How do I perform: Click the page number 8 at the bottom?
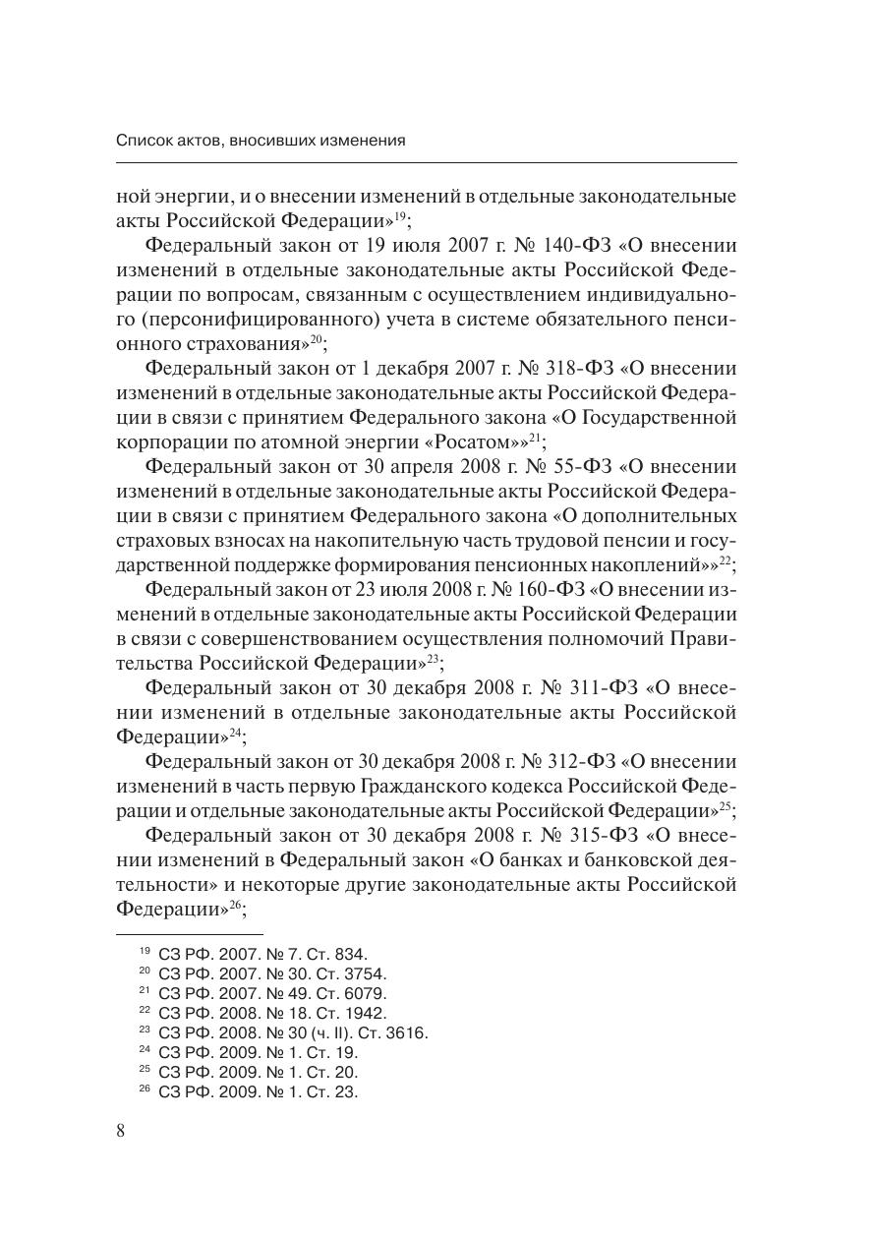(x=121, y=1130)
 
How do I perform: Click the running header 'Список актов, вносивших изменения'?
(x=261, y=141)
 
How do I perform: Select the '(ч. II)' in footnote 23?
(x=327, y=1032)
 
